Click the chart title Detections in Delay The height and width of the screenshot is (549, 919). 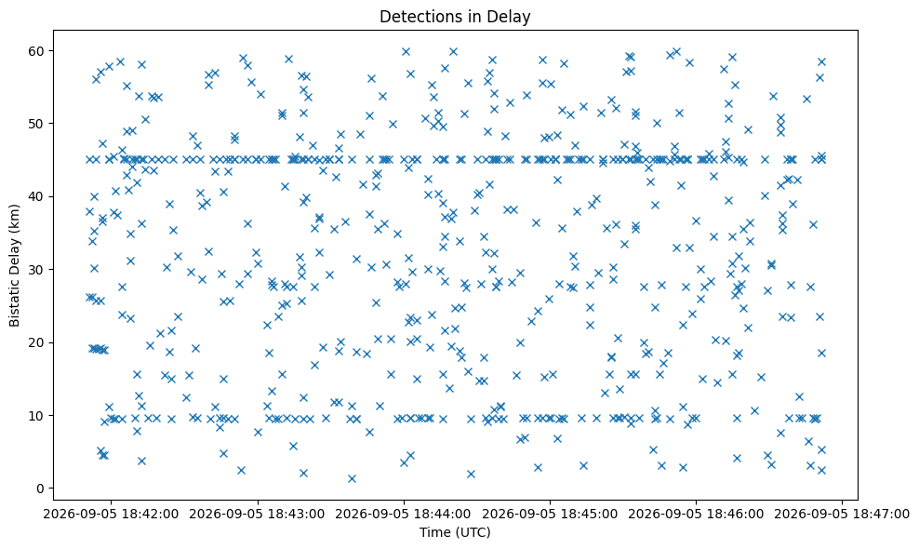pyautogui.click(x=455, y=17)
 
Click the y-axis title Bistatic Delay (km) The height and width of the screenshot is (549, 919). pyautogui.click(x=15, y=265)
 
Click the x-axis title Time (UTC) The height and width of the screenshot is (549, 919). pyautogui.click(x=455, y=532)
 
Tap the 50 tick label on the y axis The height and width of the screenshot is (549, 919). pyautogui.click(x=35, y=124)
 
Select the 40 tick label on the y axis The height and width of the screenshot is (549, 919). pyautogui.click(x=35, y=196)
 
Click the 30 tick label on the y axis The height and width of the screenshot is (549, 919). pyautogui.click(x=35, y=269)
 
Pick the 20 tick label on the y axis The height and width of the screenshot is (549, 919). pyautogui.click(x=35, y=342)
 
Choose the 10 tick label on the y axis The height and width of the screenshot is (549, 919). pyautogui.click(x=35, y=415)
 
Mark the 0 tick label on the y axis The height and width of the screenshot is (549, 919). pyautogui.click(x=40, y=488)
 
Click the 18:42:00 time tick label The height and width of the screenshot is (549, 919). pyautogui.click(x=111, y=515)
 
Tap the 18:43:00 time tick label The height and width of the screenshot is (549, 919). pyautogui.click(x=258, y=515)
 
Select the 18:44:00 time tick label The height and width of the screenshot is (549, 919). pyautogui.click(x=404, y=515)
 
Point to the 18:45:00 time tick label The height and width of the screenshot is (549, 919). pyautogui.click(x=550, y=515)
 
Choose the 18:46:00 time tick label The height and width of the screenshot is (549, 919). pyautogui.click(x=697, y=515)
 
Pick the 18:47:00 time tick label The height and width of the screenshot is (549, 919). pyautogui.click(x=842, y=515)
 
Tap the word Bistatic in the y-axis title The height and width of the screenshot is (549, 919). pyautogui.click(x=15, y=301)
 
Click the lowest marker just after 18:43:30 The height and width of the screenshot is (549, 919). pyautogui.click(x=352, y=478)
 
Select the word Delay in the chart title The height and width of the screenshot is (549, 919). pyautogui.click(x=511, y=17)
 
